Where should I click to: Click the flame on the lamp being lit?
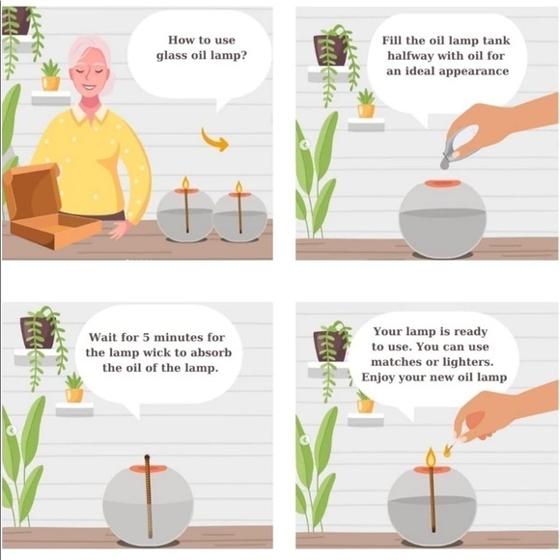pos(431,457)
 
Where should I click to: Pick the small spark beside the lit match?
pos(447,452)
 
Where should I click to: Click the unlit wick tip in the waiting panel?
pos(147,457)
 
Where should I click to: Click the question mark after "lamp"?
pos(243,55)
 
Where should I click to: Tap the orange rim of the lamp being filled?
pos(442,183)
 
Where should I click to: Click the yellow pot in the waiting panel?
pos(74,395)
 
